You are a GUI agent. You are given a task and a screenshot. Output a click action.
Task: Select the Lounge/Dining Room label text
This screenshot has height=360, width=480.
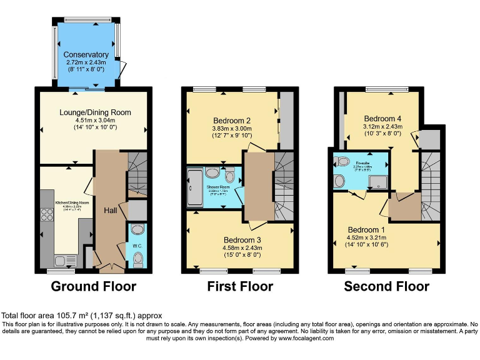pyautogui.click(x=94, y=112)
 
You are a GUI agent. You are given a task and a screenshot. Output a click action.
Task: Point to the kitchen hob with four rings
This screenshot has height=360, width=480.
pyautogui.click(x=47, y=214)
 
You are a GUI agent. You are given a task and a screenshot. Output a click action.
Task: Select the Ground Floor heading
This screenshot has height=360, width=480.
pyautogui.click(x=93, y=287)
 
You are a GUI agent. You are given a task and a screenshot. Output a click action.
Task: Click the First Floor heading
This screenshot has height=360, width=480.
pyautogui.click(x=240, y=287)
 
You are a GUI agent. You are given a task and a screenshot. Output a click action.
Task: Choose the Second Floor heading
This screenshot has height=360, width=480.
pyautogui.click(x=386, y=287)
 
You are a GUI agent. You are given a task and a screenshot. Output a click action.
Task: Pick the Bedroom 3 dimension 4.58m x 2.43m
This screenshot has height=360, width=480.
pyautogui.click(x=241, y=247)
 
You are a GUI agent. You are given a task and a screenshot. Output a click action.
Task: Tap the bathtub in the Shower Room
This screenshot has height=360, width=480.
pyautogui.click(x=194, y=186)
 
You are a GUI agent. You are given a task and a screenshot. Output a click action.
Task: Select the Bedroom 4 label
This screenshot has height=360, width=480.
pyautogui.click(x=383, y=119)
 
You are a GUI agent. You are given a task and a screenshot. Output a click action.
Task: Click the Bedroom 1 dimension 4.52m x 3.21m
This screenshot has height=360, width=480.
pyautogui.click(x=372, y=237)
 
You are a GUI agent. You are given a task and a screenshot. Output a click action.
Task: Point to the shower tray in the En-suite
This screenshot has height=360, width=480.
pyautogui.click(x=377, y=181)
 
